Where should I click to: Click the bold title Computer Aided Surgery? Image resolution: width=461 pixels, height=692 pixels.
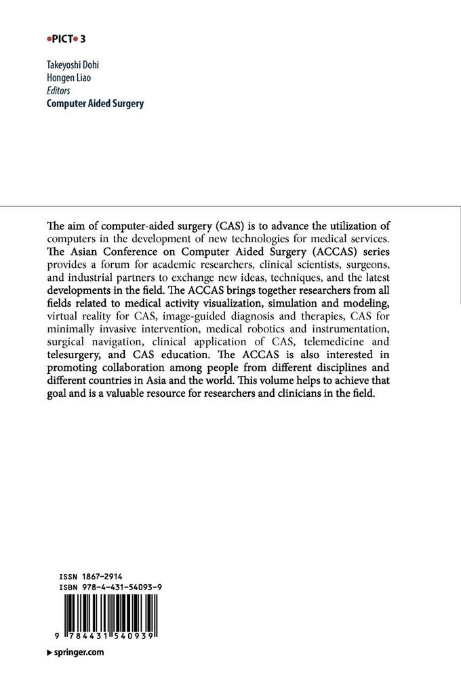pyautogui.click(x=95, y=104)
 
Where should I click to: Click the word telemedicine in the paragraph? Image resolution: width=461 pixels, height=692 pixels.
pyautogui.click(x=342, y=343)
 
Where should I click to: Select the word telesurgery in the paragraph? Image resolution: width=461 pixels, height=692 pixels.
pyautogui.click(x=73, y=355)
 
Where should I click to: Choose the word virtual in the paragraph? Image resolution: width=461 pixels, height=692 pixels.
pyautogui.click(x=62, y=318)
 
